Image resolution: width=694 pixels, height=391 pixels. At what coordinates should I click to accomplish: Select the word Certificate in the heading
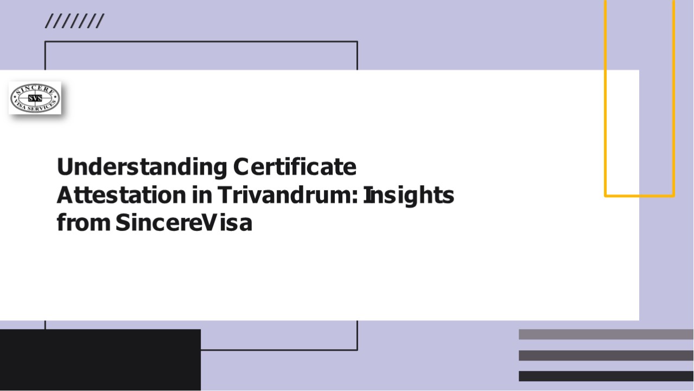point(295,167)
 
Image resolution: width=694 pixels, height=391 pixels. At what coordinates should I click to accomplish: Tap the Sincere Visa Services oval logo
point(35,98)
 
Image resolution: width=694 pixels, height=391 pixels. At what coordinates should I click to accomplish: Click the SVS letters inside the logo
point(35,98)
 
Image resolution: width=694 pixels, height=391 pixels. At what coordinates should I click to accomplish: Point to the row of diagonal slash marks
point(74,22)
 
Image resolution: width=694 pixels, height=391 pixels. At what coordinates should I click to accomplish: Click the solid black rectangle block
point(100,360)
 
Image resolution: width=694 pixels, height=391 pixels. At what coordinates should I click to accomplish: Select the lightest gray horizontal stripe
point(606,334)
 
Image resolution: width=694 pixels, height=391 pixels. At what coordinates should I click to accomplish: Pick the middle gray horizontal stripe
point(606,355)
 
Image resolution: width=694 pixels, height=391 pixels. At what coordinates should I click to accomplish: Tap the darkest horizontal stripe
point(606,376)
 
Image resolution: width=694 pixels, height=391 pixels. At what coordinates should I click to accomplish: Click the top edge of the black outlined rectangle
point(201,41)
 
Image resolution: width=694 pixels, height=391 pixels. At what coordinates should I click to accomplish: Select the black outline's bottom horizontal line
point(279,350)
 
